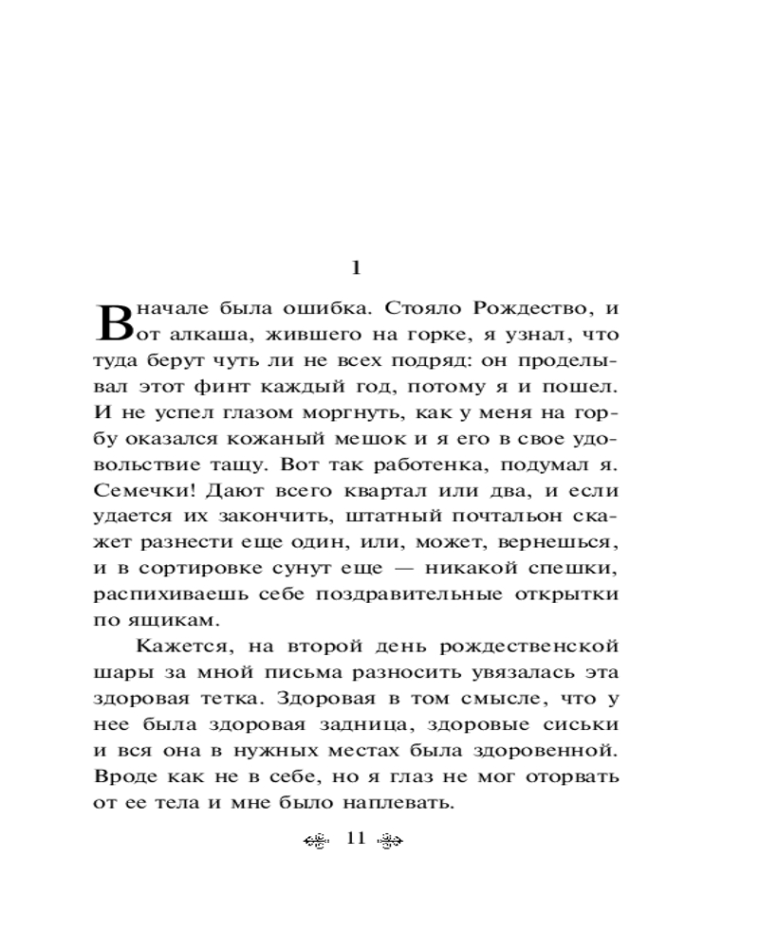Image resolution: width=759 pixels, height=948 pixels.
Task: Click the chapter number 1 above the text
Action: click(x=356, y=268)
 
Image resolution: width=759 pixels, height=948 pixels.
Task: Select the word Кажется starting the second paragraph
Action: click(x=177, y=647)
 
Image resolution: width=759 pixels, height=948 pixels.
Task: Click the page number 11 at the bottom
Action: click(x=356, y=839)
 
